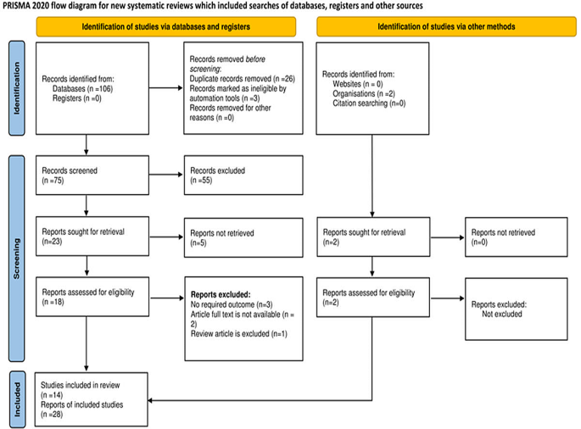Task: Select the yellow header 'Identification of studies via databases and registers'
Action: point(165,26)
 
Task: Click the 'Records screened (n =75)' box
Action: point(86,175)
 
